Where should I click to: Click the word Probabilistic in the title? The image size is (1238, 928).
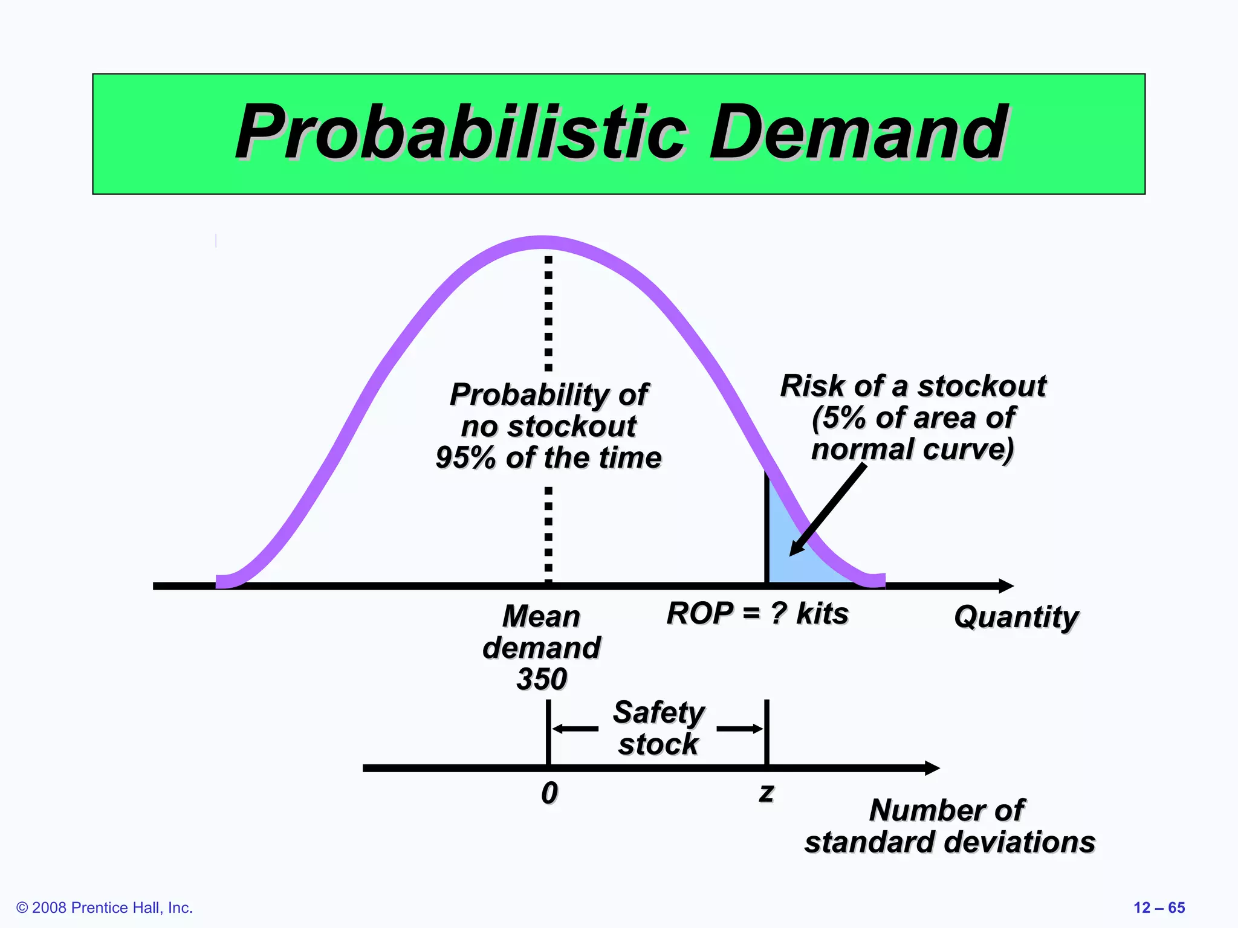[461, 133]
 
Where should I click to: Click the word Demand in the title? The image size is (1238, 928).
[858, 133]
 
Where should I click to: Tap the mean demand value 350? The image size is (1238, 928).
[542, 679]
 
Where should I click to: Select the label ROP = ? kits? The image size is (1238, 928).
[757, 614]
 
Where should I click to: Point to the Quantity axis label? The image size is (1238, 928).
[1016, 617]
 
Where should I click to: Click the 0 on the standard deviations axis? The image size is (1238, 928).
[549, 793]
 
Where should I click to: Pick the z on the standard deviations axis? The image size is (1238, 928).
[766, 792]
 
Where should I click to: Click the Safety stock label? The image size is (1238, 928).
[658, 728]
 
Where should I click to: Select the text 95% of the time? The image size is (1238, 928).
[548, 458]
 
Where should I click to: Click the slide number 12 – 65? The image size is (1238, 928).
[1159, 907]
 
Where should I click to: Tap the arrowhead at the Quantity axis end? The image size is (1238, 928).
[1006, 585]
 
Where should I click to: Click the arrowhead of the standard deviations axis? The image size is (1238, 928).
[933, 768]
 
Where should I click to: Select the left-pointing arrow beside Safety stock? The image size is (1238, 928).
[574, 729]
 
